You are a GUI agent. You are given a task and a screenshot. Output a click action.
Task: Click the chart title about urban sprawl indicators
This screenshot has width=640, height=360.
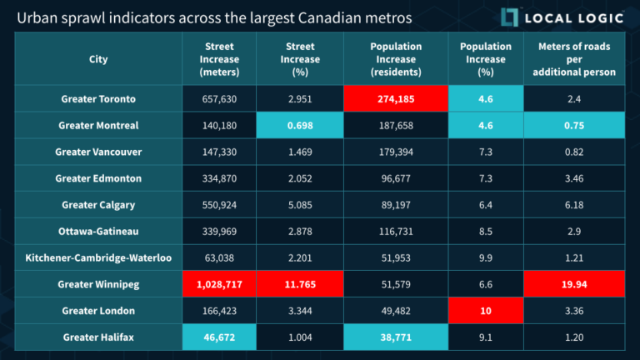point(214,17)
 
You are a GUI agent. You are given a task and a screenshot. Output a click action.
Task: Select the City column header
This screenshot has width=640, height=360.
point(98,59)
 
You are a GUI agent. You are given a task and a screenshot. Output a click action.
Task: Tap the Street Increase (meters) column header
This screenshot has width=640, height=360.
point(219,59)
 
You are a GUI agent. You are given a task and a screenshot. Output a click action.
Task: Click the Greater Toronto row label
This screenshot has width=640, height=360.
point(98,99)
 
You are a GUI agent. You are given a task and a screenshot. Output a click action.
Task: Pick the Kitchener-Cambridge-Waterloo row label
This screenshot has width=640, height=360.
point(98,257)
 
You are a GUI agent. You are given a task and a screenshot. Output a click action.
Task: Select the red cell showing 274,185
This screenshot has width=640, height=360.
point(396,99)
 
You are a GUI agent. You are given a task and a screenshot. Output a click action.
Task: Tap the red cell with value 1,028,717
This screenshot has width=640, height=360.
point(219,284)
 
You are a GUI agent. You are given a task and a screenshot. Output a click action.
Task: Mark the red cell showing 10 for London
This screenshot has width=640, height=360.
point(486,311)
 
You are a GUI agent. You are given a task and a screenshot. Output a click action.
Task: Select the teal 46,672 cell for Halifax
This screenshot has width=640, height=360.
point(219,337)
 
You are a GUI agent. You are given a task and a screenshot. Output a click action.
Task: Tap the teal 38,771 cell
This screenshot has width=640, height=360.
point(396,337)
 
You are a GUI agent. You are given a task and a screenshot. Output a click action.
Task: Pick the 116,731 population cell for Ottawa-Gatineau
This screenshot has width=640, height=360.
point(396,232)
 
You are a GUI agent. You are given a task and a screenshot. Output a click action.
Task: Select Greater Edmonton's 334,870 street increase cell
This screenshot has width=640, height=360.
point(219,178)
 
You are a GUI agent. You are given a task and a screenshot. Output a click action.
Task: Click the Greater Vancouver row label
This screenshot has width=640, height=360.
point(98,152)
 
